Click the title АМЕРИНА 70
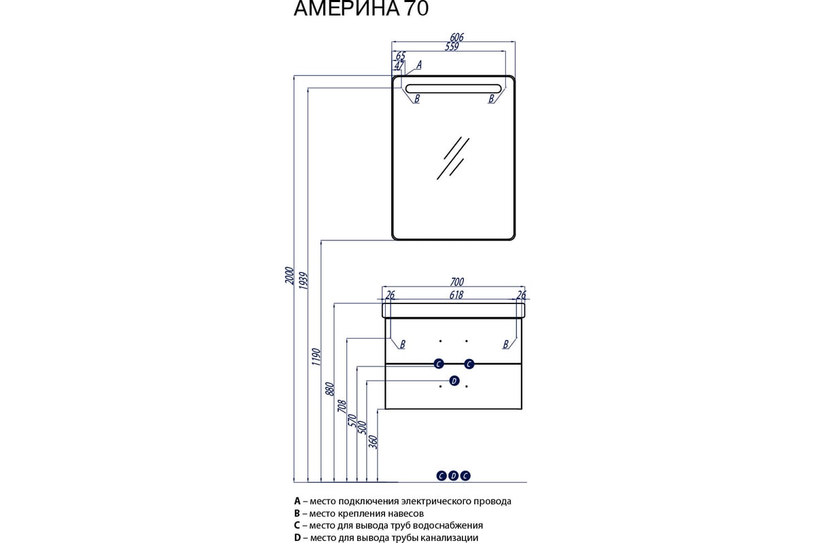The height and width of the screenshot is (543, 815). coord(361,8)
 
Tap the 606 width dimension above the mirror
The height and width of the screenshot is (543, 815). coord(456,37)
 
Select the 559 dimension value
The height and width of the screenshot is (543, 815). coord(452,47)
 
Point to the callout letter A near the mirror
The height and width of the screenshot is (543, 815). coord(419,65)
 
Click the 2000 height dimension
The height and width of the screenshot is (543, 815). coord(289,276)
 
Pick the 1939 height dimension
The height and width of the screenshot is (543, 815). coord(303,281)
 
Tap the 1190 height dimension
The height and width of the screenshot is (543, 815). coord(316,357)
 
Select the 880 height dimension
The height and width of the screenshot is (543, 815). coord(329,389)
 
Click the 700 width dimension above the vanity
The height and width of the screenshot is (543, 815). coord(457,282)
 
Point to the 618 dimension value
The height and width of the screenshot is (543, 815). coord(456,295)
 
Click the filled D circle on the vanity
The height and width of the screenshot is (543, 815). coord(454,381)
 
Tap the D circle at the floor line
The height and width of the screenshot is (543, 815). coord(454,476)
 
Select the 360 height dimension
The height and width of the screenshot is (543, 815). coord(374,442)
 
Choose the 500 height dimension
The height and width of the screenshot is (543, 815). coord(363,428)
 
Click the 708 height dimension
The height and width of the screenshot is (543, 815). coord(342,405)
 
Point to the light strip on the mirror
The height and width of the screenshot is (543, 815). coord(454,89)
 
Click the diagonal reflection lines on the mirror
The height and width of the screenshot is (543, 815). coord(453,158)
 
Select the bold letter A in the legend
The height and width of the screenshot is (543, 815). coord(297,501)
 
